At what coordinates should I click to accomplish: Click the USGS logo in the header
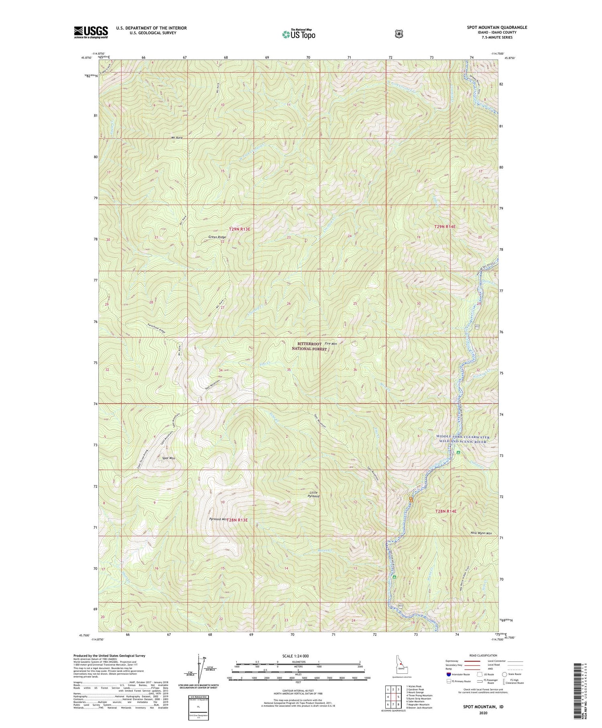coord(91,32)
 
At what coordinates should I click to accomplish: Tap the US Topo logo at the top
coord(299,34)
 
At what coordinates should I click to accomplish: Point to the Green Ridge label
coord(217,237)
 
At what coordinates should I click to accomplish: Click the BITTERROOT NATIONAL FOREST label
coord(312,346)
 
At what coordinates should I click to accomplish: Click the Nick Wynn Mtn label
coord(482,533)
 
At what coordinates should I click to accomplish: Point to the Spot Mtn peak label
coord(168,458)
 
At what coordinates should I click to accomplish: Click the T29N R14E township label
coord(445,227)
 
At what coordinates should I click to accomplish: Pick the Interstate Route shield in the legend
coord(449,674)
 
